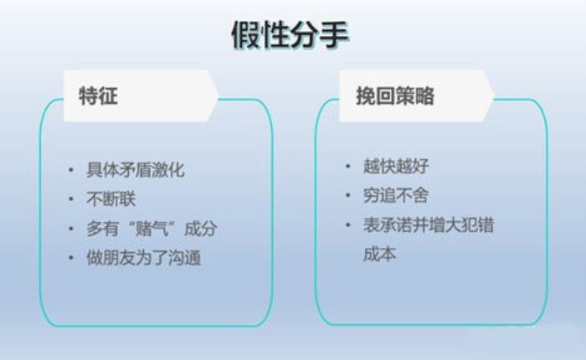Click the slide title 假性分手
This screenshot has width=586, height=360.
click(x=290, y=35)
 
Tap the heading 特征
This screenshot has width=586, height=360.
click(x=98, y=95)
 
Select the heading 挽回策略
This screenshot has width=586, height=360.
click(x=395, y=95)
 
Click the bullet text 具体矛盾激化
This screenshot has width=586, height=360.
click(x=136, y=170)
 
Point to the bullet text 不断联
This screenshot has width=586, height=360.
click(x=111, y=199)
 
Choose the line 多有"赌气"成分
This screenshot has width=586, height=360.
click(x=152, y=229)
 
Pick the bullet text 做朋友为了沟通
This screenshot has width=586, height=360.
click(x=143, y=258)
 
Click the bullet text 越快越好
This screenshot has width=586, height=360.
click(x=396, y=166)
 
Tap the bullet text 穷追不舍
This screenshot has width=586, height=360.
click(x=396, y=195)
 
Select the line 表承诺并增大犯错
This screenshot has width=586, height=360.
click(x=429, y=224)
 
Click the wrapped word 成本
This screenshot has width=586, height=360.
click(x=380, y=255)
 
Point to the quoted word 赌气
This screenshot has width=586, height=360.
click(x=152, y=229)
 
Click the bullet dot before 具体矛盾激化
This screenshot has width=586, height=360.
click(x=70, y=170)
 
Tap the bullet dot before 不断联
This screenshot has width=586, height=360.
click(x=70, y=199)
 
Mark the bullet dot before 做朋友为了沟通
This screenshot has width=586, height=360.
click(x=70, y=258)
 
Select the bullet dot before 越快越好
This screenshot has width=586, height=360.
click(x=348, y=166)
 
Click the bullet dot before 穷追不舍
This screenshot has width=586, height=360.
click(x=348, y=195)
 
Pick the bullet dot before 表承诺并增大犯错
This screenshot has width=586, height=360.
click(x=348, y=224)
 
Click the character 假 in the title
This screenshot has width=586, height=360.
click(x=246, y=35)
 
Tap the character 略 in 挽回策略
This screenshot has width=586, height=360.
click(x=425, y=95)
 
